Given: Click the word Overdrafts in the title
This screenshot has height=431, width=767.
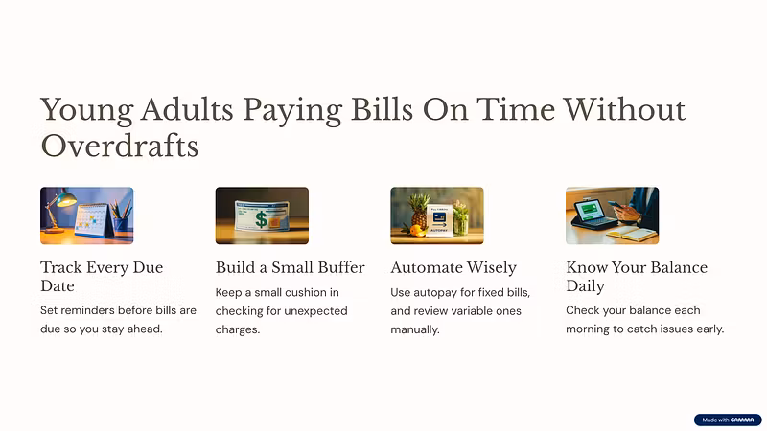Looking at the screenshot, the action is tap(120, 147).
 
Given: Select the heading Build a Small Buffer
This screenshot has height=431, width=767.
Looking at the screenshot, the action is tap(291, 267).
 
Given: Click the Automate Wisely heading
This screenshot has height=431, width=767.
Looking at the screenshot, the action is tap(453, 268).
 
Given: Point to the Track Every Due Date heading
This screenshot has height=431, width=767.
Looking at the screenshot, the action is tap(102, 277).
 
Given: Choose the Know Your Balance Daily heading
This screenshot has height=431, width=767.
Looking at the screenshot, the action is tap(637, 277).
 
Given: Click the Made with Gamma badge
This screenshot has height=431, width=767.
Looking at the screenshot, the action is tap(728, 420).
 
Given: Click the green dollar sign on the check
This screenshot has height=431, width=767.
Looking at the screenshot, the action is tap(261, 219).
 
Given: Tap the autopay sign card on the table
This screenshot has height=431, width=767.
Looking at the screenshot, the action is tap(438, 221).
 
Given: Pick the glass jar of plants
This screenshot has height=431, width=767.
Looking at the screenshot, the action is tap(461, 219).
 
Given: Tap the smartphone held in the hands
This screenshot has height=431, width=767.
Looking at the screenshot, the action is tap(615, 205).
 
